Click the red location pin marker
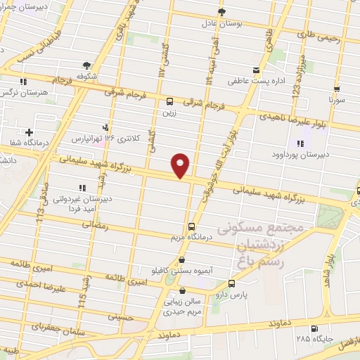[181, 165]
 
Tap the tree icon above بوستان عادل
[222, 12]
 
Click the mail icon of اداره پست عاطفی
[256, 69]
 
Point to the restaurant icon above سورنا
[337, 89]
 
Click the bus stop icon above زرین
[169, 101]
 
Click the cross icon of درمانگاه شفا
[29, 132]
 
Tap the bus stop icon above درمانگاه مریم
[191, 226]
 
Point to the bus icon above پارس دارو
[232, 284]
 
